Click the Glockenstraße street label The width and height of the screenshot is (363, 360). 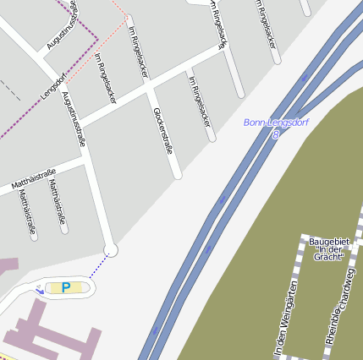[163, 130]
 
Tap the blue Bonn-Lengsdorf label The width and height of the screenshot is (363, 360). [276, 123]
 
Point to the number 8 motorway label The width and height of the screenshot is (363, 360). [276, 134]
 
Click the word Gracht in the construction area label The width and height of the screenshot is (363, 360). [327, 257]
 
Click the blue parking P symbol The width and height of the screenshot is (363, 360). [65, 287]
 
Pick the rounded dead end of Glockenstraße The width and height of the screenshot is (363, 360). [177, 175]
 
